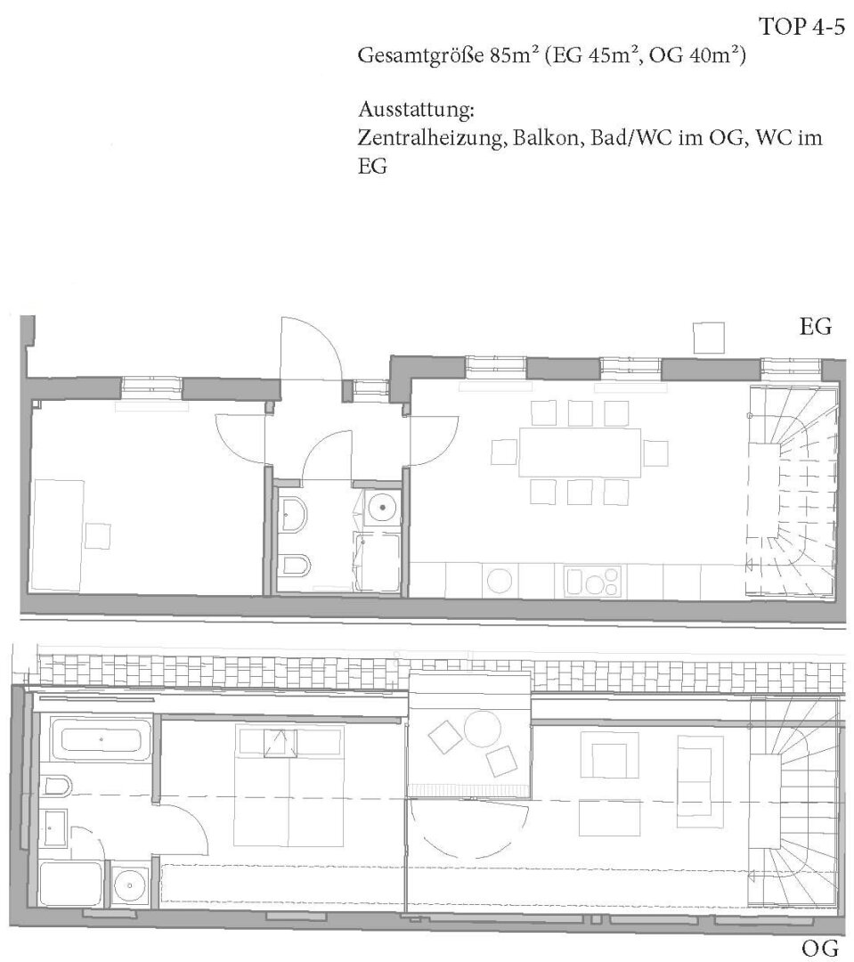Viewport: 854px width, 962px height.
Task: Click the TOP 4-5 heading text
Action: [801, 27]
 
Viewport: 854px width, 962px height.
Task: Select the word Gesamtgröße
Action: [421, 57]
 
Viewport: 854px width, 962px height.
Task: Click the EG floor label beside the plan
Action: [816, 327]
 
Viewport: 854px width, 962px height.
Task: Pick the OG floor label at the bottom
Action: [819, 949]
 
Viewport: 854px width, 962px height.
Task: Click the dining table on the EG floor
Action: [580, 452]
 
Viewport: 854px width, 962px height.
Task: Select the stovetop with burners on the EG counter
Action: [593, 581]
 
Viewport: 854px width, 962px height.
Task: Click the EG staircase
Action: [792, 491]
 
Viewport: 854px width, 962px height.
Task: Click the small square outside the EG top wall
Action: [709, 338]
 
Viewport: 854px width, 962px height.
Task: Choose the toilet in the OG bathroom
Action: [57, 785]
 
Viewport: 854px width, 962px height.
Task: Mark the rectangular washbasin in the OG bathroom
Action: [55, 827]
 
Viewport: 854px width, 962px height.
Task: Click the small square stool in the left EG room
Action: [98, 535]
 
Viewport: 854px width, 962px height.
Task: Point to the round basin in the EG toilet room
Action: [383, 507]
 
